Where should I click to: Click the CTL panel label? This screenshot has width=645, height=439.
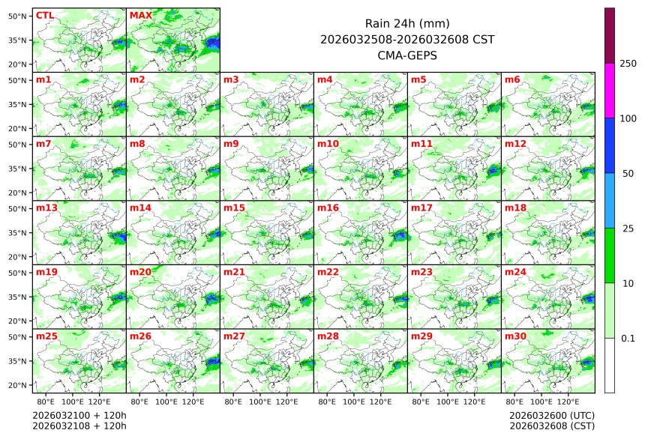[x=44, y=15]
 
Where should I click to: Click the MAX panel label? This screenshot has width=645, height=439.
[x=140, y=15]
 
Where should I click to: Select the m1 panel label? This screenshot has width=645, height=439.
[x=43, y=79]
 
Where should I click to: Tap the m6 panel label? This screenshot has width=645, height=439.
[x=513, y=79]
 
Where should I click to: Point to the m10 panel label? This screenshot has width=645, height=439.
[x=328, y=143]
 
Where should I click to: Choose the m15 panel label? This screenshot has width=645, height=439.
[x=234, y=208]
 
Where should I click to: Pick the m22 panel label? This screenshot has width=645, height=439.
[x=328, y=272]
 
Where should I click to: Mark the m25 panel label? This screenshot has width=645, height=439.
[x=46, y=336]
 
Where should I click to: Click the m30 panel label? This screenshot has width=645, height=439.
[x=515, y=336]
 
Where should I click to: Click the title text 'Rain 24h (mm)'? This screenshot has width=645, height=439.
[x=406, y=23]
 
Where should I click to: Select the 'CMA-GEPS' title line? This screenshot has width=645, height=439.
[x=406, y=55]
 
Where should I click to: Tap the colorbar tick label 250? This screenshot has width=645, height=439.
[x=628, y=64]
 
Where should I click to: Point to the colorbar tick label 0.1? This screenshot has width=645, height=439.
[x=628, y=338]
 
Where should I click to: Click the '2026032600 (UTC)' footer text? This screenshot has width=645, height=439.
[x=551, y=415]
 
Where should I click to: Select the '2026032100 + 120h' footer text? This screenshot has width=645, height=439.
[x=79, y=415]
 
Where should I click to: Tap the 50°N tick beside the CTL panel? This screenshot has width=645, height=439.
[x=18, y=16]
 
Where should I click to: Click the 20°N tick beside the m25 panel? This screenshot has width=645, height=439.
[x=18, y=385]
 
